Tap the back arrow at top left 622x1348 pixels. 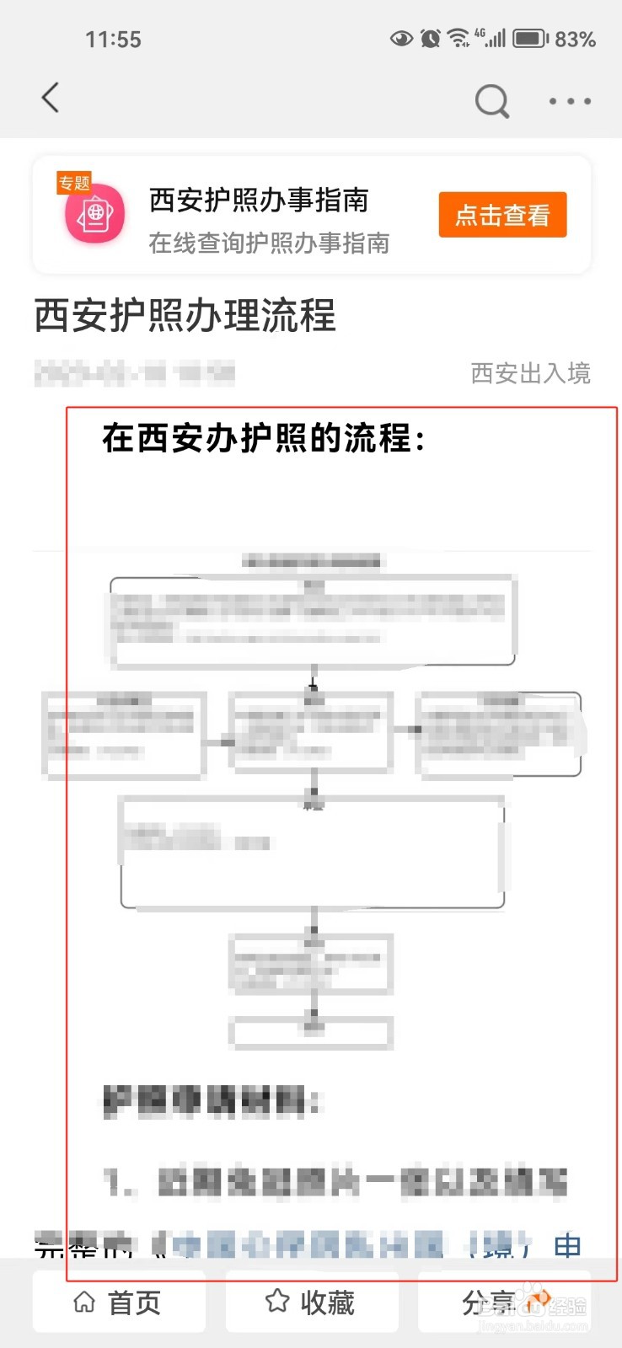pos(51,98)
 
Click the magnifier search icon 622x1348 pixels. pos(492,101)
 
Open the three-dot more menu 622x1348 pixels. pos(570,101)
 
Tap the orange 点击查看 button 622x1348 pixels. pos(502,216)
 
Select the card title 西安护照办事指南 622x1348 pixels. pos(259,201)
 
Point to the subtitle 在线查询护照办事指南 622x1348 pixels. pos(269,243)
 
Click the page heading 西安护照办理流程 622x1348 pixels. pos(185,316)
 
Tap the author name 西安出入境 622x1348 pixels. pos(530,373)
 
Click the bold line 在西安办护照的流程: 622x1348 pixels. pos(264,438)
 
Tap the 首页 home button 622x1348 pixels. pos(119,1303)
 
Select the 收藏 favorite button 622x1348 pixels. pos(311,1303)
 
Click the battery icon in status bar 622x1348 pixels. pos(530,39)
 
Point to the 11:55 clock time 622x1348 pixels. pos(113,40)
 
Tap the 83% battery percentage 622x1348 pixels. pos(575,40)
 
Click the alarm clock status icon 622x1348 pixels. pos(430,38)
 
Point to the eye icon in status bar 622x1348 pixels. pos(401,38)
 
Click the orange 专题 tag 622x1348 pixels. pos(74,183)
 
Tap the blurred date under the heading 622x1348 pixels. pos(135,372)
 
